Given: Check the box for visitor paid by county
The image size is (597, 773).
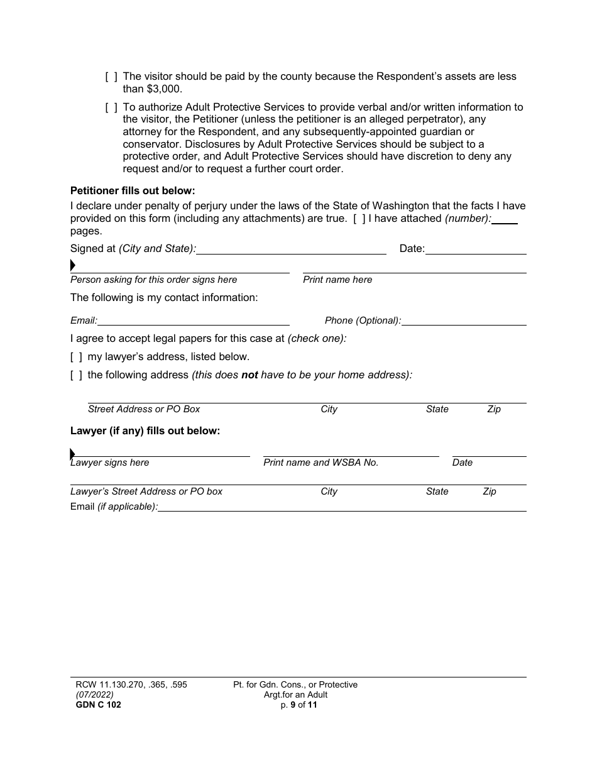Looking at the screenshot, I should click(x=111, y=77).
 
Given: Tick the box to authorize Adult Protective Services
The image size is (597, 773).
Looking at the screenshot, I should click(x=111, y=107).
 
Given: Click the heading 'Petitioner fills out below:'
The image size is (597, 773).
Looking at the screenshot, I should click(x=133, y=190).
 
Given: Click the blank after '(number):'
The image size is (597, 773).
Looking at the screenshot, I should click(x=505, y=219).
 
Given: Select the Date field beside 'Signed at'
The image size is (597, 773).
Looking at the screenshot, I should click(x=476, y=249).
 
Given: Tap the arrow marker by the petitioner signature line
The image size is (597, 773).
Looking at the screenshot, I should click(x=73, y=266).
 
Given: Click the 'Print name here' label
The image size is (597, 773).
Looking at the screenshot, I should click(x=337, y=280).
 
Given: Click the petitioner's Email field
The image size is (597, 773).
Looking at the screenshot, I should click(x=194, y=321).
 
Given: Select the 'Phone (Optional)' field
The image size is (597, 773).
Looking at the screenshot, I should click(x=464, y=321).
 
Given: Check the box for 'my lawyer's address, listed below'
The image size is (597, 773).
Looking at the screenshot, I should click(x=76, y=357).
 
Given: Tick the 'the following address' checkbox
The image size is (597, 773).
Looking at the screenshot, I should click(x=76, y=375).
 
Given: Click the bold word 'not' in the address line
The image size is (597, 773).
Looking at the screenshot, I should click(x=249, y=375).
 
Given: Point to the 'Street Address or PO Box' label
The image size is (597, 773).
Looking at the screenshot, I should click(x=144, y=409).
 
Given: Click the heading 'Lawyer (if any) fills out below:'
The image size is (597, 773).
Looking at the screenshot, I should click(x=145, y=431).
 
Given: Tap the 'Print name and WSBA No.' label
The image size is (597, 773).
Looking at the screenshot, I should click(x=320, y=463).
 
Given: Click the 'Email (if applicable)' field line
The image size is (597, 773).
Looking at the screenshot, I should click(x=342, y=507).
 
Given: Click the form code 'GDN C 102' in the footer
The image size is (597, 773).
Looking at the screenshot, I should click(x=98, y=705).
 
